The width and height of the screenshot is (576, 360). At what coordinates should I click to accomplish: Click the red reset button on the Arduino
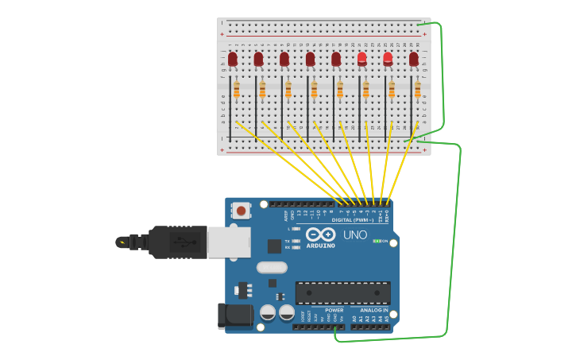pos(241,211)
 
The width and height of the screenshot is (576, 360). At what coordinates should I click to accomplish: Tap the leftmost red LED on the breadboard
pos(233,59)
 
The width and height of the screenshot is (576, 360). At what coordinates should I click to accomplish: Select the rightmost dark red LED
pos(413,59)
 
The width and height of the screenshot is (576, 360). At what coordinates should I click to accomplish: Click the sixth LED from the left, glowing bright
pos(362,58)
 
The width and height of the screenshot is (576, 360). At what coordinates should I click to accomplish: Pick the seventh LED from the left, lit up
pos(388,58)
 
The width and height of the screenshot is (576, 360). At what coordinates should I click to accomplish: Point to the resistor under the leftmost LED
pos(236,89)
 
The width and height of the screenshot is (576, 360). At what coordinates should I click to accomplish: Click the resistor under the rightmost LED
pos(417,89)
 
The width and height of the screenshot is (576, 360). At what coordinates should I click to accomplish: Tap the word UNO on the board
pos(355,235)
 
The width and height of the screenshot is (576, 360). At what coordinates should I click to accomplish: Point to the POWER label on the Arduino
pos(334,310)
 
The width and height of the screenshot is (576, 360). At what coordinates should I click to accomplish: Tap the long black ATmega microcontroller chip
pos(342,292)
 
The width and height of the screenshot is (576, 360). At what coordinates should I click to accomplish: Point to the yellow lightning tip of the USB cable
pos(122,242)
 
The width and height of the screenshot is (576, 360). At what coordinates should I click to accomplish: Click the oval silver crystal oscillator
pos(271,268)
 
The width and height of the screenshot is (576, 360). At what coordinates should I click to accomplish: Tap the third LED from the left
pos(284,59)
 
